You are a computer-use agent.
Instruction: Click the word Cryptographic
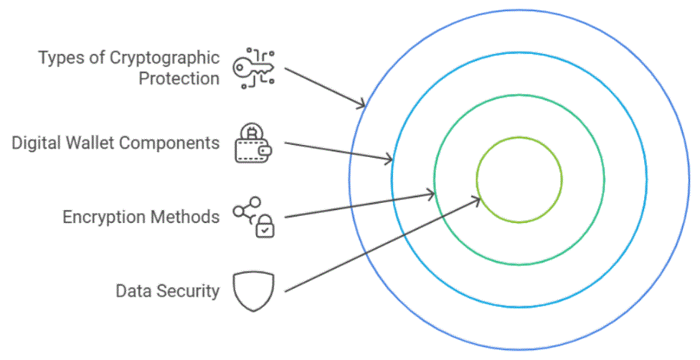click(x=164, y=57)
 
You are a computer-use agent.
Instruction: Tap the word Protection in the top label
click(x=179, y=78)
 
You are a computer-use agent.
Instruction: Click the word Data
click(x=132, y=290)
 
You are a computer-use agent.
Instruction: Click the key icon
click(x=253, y=68)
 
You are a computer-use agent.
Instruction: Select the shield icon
click(x=253, y=291)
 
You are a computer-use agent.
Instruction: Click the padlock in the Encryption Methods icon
click(x=265, y=227)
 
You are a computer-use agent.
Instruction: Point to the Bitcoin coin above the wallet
click(x=252, y=132)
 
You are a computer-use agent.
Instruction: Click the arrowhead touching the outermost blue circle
click(x=363, y=105)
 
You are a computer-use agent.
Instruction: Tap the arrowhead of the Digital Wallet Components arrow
click(x=389, y=158)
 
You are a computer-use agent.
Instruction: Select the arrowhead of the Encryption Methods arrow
click(x=432, y=193)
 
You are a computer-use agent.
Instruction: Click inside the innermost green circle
click(x=519, y=179)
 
